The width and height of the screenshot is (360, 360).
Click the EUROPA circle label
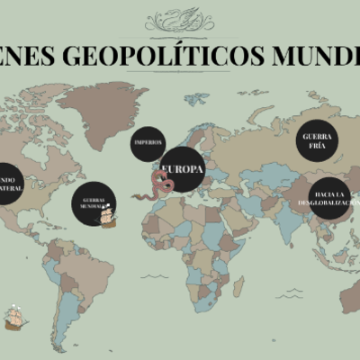(183, 169)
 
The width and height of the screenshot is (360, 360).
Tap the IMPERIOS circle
(147, 143)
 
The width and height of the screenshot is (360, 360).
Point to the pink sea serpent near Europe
(161, 188)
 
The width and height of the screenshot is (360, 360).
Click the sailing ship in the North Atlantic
(108, 217)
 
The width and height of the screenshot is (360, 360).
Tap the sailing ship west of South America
(14, 318)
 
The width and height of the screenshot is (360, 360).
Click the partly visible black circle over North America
(7, 183)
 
